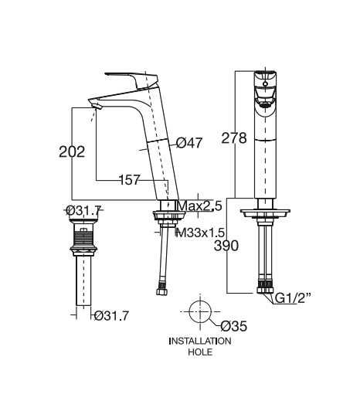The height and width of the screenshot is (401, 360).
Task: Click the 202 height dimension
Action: pyautogui.click(x=72, y=151)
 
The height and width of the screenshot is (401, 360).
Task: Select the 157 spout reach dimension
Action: pyautogui.click(x=130, y=179)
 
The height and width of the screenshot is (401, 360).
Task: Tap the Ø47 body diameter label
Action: pyautogui.click(x=189, y=143)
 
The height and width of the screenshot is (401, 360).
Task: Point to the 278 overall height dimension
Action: pyautogui.click(x=234, y=138)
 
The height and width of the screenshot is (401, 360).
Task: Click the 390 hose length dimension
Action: pyautogui.click(x=226, y=246)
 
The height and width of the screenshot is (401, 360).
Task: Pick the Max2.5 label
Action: pyautogui.click(x=199, y=206)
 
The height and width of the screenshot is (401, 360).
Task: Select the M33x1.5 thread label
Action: pyautogui.click(x=199, y=233)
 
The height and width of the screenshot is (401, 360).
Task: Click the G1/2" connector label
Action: pyautogui.click(x=293, y=298)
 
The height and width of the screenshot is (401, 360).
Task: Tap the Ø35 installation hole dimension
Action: pyautogui.click(x=234, y=326)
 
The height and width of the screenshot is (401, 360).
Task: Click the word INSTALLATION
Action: pyautogui.click(x=200, y=341)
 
